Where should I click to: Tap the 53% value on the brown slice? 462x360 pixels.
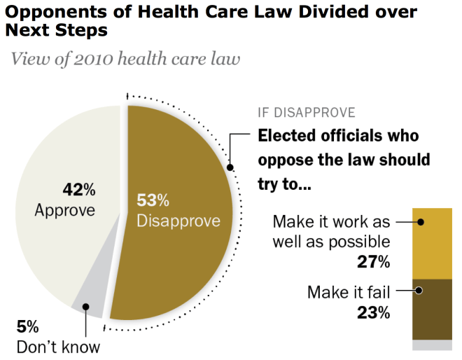tap(153, 201)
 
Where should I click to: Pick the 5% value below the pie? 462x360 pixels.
tap(28, 327)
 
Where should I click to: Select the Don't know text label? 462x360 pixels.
tap(59, 346)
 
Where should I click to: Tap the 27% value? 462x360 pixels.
tap(372, 262)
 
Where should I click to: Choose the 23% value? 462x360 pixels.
tap(372, 312)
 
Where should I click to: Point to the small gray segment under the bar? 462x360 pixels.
tap(432, 345)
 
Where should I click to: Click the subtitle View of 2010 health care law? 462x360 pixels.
tap(125, 59)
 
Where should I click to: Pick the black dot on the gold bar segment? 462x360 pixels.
tap(421, 221)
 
